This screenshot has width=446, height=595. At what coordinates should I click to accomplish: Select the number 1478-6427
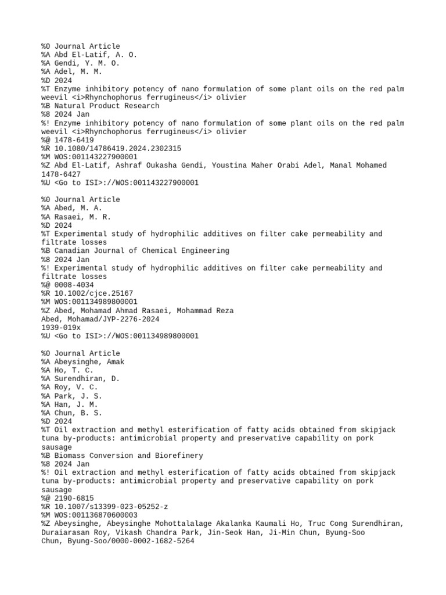coord(61,174)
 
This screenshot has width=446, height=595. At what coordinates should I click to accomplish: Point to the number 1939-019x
coord(61,328)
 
